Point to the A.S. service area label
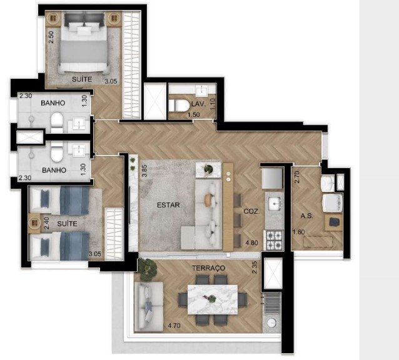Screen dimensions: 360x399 306,216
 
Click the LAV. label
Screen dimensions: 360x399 199,104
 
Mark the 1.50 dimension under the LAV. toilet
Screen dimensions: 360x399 178,115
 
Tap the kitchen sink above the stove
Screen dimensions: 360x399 274,203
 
